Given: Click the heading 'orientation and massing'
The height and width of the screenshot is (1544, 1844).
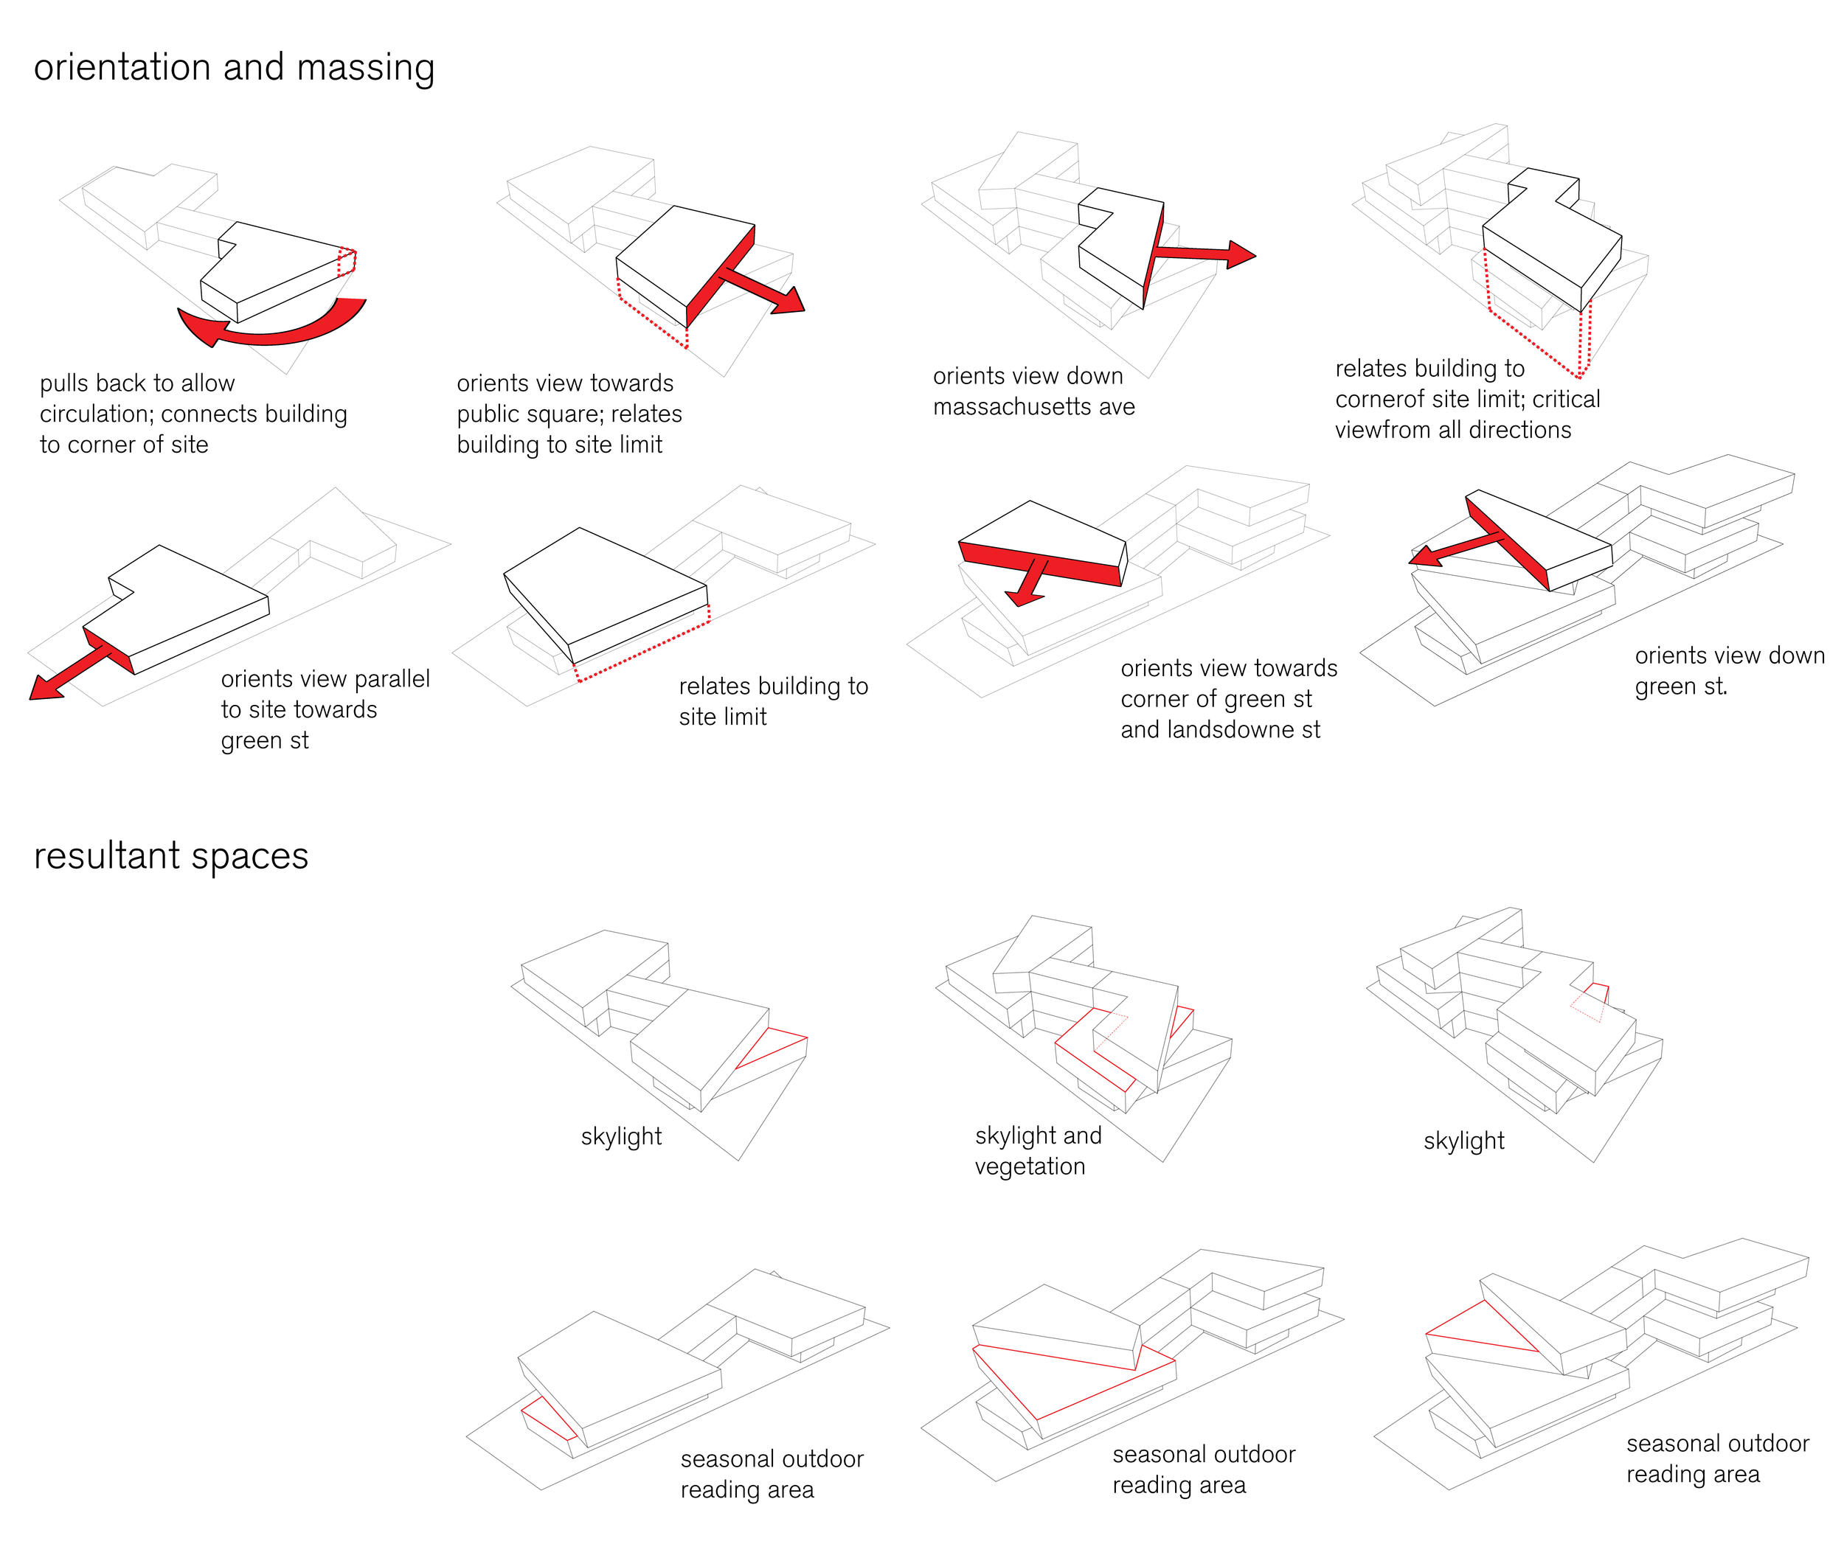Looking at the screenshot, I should [234, 69].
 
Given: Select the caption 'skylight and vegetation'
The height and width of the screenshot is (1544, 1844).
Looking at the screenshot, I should [1037, 1151].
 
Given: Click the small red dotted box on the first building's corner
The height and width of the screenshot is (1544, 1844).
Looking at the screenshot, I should [347, 262].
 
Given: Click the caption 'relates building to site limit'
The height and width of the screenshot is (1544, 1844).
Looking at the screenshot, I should [773, 701].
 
